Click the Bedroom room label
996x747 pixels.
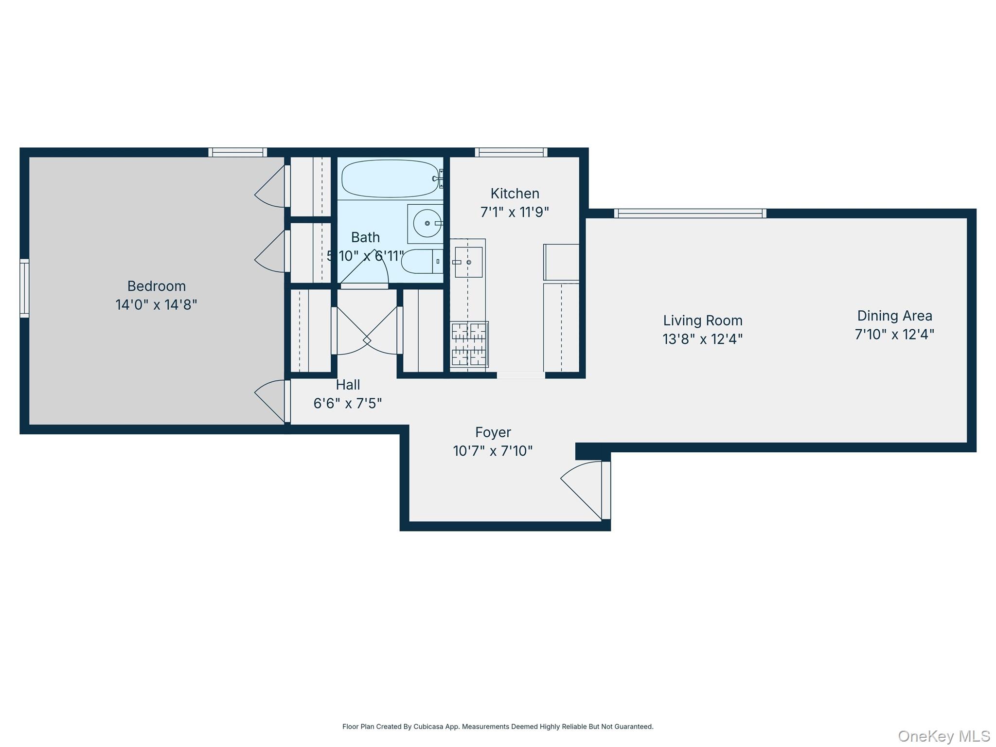coord(156,286)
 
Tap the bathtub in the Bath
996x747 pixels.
coord(390,178)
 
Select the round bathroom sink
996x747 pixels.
coord(427,223)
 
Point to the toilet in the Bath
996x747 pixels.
coord(421,261)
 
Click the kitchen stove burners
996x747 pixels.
coord(469,344)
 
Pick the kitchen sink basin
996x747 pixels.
coord(468,262)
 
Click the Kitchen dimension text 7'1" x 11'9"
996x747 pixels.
coord(515,212)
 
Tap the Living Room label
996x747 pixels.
coord(702,320)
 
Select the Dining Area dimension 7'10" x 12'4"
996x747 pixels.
coord(894,335)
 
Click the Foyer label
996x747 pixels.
coord(493,432)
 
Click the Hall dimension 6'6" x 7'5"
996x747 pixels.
coord(347,404)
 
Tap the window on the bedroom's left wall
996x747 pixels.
coord(24,288)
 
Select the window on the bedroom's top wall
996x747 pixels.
coord(237,152)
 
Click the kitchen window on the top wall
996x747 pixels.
coord(511,152)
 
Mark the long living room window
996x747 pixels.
coord(690,213)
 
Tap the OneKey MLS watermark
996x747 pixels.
coord(943,736)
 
